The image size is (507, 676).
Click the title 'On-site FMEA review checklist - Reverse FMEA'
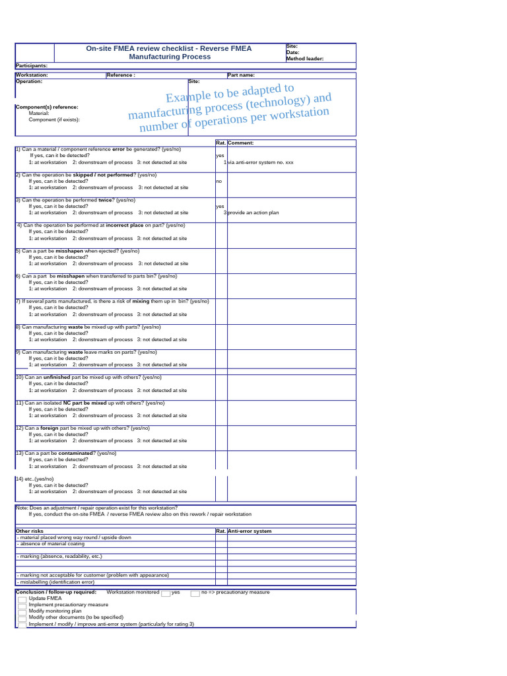click(169, 48)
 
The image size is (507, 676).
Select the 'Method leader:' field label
click(304, 59)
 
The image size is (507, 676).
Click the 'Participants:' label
click(31, 66)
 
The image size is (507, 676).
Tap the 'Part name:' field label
click(241, 75)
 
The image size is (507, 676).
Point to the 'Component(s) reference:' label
click(47, 107)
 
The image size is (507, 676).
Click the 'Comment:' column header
click(241, 143)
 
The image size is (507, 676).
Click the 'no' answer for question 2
click(219, 181)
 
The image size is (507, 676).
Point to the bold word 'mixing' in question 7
click(141, 301)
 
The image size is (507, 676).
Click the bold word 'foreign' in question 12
click(50, 428)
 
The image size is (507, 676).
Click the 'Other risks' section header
click(29, 531)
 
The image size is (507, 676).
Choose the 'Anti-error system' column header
click(250, 531)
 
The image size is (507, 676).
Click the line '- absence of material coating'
click(51, 544)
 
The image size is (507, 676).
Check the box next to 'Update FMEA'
click(22, 599)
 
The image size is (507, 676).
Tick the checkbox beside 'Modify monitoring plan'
click(22, 611)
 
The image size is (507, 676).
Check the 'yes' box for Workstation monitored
click(166, 593)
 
